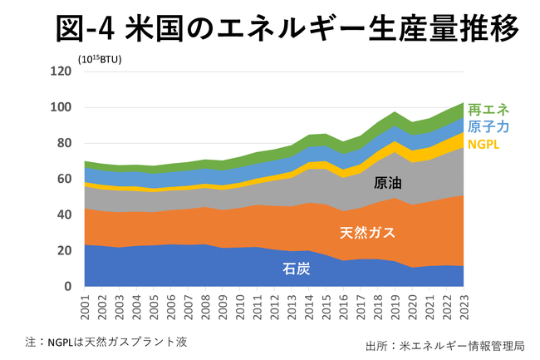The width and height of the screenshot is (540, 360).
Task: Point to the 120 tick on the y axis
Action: click(61, 72)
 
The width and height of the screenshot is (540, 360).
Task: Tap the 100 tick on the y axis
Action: click(61, 107)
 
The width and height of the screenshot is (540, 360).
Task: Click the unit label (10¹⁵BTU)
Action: click(100, 58)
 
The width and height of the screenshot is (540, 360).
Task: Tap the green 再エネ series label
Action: click(488, 110)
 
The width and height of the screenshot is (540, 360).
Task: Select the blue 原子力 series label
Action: click(488, 126)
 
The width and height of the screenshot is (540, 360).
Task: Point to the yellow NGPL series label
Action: click(484, 144)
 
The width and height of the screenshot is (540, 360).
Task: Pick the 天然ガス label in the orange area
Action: click(369, 232)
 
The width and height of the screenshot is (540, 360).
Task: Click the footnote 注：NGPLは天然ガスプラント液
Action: click(110, 341)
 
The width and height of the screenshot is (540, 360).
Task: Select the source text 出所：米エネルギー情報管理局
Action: click(445, 345)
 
